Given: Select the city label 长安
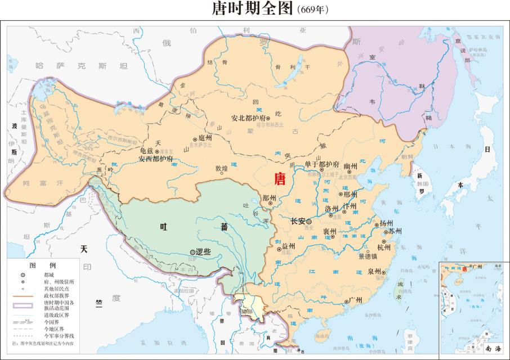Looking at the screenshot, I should pyautogui.click(x=297, y=222).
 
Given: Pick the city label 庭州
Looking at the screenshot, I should pyautogui.click(x=205, y=137).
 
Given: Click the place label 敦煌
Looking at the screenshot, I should pyautogui.click(x=221, y=168).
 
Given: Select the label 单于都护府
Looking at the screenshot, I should pyautogui.click(x=322, y=164).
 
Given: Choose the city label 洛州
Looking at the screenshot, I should pyautogui.click(x=332, y=208).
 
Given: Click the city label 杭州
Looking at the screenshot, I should pyautogui.click(x=384, y=247).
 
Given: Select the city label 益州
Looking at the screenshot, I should pyautogui.click(x=288, y=246).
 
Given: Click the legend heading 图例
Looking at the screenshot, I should pyautogui.click(x=43, y=264).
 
